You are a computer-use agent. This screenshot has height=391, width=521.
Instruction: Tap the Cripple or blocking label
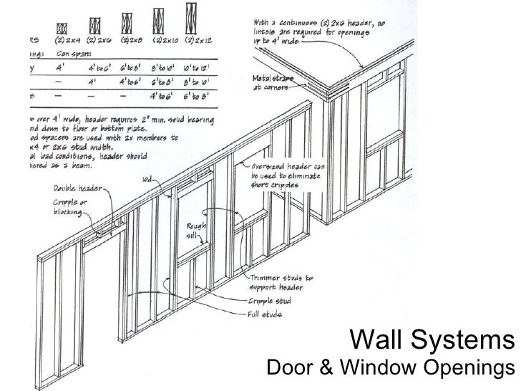tap(64, 207)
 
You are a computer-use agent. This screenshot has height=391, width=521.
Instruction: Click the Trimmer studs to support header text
tap(279, 281)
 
